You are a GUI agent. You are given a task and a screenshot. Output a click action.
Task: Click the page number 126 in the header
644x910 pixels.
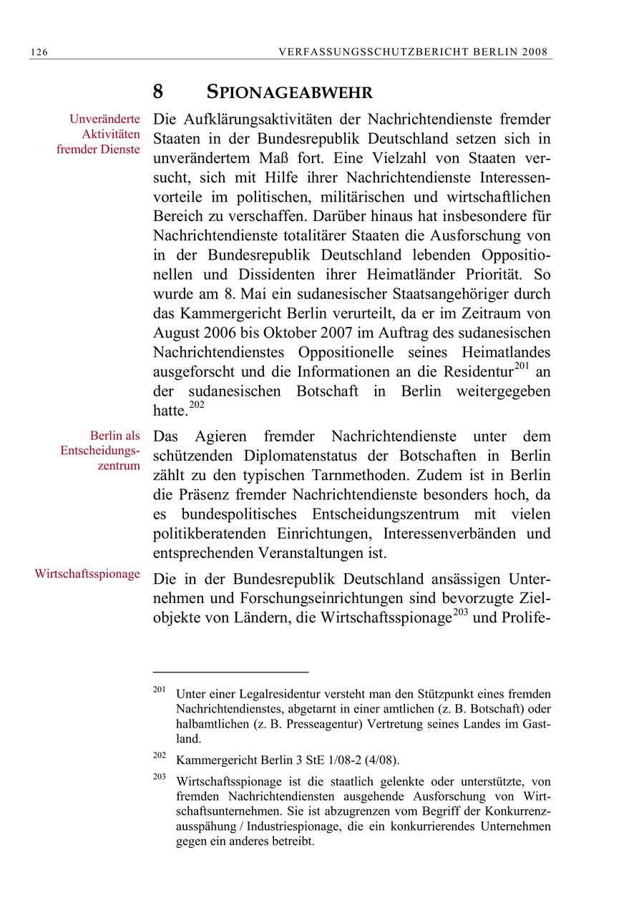coord(39,52)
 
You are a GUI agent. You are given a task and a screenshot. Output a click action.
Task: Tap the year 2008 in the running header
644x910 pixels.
coord(536,52)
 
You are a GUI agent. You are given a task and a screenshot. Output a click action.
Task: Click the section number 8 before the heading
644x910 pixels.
coord(158,92)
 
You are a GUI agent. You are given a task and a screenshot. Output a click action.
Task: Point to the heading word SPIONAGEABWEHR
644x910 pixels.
coord(290,93)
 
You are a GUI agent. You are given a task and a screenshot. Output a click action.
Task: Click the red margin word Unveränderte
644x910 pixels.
coord(104,119)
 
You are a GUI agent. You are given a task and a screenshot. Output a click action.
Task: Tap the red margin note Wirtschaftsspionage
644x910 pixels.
coord(87,574)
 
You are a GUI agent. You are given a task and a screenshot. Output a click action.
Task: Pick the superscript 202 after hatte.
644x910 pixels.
coord(197,406)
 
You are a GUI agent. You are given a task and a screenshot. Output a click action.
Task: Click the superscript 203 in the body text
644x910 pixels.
coord(459,613)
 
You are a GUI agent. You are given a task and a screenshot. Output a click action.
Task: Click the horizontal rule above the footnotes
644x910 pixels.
coord(230,672)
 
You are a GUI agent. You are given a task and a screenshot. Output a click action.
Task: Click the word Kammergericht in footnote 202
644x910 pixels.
coord(210,760)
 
